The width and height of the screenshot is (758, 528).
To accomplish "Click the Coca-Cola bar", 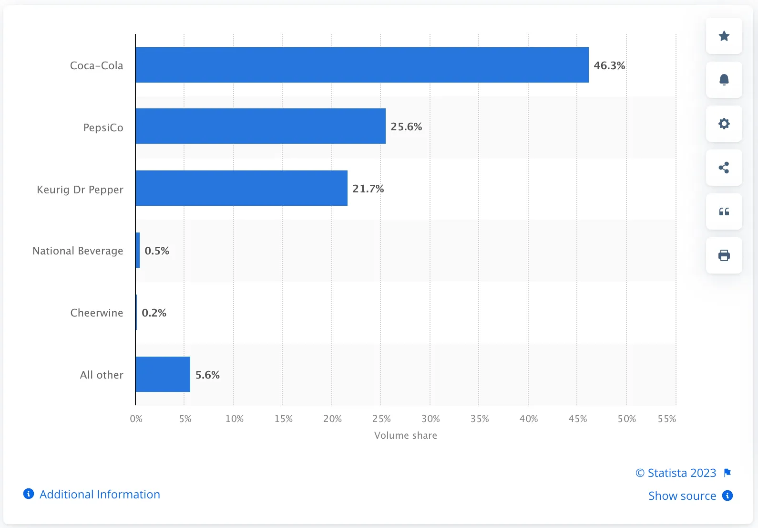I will coord(362,65).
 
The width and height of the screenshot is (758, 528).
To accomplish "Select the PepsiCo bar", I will coord(260,126).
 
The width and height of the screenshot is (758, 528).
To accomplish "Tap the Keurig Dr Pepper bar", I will coord(241,188).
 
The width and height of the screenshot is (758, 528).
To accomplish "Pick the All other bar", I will coord(163,374).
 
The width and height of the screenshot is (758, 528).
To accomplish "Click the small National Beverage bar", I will coord(138,250).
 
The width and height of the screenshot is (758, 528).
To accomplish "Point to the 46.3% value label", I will coord(609,65).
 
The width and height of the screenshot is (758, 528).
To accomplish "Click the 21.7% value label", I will coord(368,189).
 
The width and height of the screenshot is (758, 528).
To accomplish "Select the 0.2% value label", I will coord(154,313).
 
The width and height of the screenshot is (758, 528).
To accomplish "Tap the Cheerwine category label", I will coord(97,313).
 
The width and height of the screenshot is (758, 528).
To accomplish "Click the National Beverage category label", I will coord(78,251).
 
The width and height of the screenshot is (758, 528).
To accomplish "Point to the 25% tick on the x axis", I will coord(381,419).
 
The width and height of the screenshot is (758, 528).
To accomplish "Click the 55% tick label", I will coord(666,419).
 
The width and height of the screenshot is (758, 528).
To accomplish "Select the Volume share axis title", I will coord(405,435).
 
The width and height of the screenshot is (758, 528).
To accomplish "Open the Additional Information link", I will coord(99,494).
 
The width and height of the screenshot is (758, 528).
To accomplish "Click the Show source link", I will coord(682,496).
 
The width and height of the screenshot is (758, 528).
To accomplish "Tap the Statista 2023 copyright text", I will coord(676,473).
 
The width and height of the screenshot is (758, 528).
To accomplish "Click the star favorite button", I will coord(724,36).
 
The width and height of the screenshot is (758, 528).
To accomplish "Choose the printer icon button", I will coord(724,255).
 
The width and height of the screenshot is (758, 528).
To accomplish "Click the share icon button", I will coord(724,168).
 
